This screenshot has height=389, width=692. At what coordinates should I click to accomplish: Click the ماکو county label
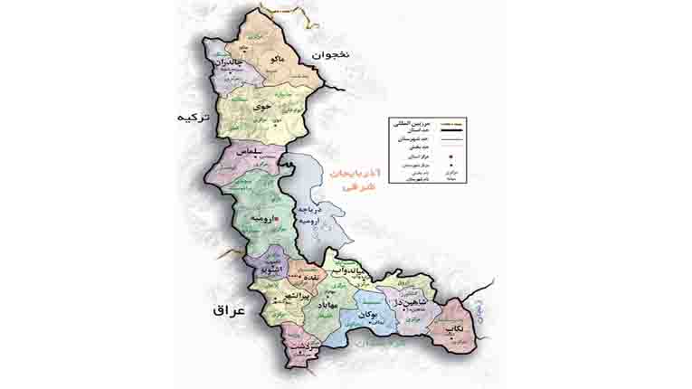coord(277,59)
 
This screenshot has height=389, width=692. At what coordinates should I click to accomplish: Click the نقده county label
coord(306,268)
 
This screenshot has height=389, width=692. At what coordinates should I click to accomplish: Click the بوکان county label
coord(367,313)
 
